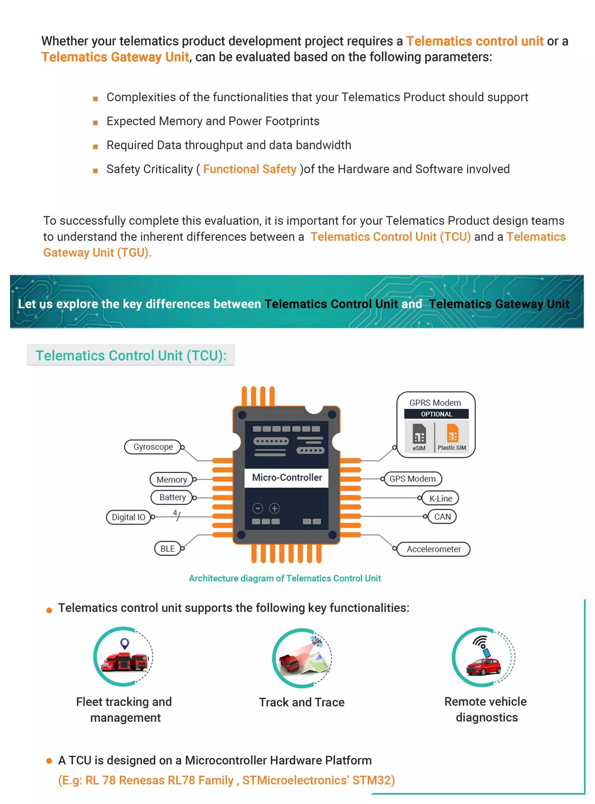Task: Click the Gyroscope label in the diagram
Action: coord(153,447)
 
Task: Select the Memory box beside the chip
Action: coord(171,479)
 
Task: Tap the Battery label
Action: coord(172,497)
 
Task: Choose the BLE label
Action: coord(167,548)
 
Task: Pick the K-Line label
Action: coord(440,498)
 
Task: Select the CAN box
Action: coord(442,516)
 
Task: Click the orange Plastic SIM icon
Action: coord(452,433)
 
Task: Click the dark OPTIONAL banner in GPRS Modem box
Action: coord(436,414)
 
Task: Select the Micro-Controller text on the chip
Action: coord(287,478)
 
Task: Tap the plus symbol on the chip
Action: coord(275,508)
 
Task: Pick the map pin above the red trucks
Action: coord(125,643)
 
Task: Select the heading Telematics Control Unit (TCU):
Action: coord(131,355)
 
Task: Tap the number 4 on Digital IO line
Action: coord(175,512)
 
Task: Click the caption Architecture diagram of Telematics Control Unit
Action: coord(284,578)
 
